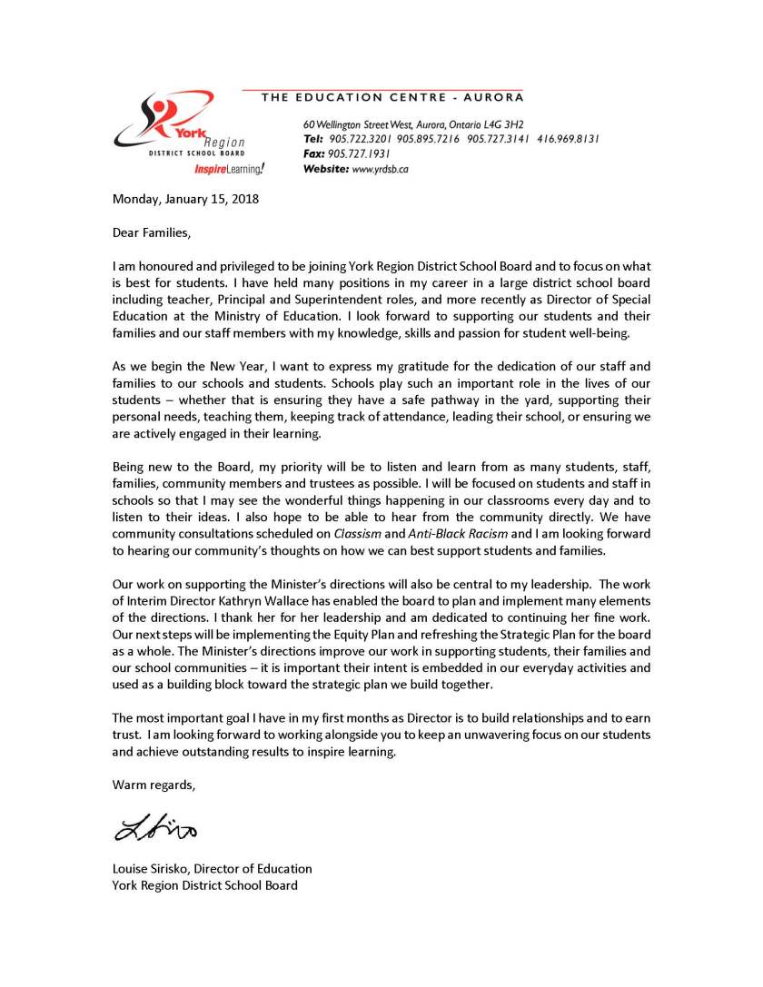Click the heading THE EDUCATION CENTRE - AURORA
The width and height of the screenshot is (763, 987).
point(392,97)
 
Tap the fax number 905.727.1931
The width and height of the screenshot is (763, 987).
point(359,153)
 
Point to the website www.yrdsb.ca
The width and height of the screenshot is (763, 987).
point(380,169)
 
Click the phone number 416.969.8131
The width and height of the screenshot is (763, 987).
point(567,139)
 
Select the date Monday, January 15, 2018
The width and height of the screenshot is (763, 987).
point(185,199)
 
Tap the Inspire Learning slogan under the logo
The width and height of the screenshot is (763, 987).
point(230,169)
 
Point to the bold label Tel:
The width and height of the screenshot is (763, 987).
point(312,139)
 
